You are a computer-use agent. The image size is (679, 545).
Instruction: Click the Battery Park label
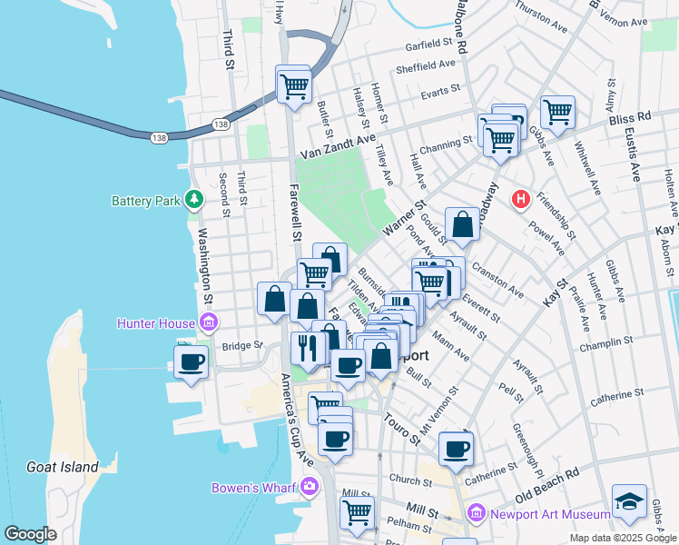[x=146, y=201]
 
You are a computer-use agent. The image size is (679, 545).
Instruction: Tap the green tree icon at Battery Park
[x=192, y=198]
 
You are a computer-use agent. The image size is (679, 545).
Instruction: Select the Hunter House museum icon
[x=209, y=322]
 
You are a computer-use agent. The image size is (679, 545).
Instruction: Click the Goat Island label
[x=63, y=467]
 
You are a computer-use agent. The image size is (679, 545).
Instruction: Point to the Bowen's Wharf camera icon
[x=310, y=487]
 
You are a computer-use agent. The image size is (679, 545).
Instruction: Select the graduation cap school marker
[x=628, y=502]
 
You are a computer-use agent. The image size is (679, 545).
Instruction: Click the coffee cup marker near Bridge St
[x=192, y=362]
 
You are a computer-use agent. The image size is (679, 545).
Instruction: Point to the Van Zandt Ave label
[x=338, y=141]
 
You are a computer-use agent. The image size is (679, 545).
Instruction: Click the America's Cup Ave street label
[x=300, y=418]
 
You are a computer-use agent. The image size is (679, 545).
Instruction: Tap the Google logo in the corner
[x=30, y=534]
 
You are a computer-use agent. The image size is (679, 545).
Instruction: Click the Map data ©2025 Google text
[x=623, y=538]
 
